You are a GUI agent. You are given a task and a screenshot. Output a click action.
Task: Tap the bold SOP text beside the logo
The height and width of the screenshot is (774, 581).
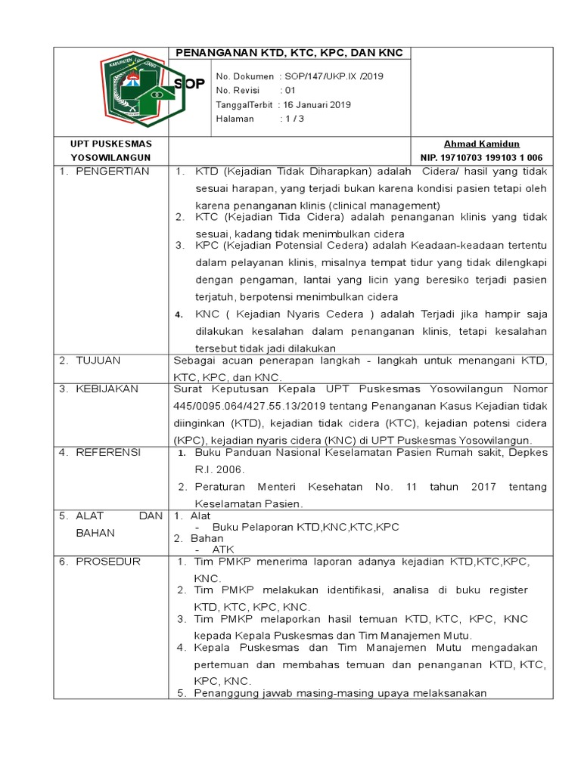coord(189,84)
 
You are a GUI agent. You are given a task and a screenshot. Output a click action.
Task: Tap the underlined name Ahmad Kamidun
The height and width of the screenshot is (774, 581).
coord(481,144)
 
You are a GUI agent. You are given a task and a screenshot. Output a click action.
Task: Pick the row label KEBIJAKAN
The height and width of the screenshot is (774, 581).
coord(107,389)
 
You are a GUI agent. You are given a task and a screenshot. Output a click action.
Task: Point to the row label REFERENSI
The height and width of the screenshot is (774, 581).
coord(108,452)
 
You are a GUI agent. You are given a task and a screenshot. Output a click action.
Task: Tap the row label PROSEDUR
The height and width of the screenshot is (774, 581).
coord(107,562)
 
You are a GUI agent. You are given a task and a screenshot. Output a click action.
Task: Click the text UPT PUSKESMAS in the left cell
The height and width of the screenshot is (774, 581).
coord(111,144)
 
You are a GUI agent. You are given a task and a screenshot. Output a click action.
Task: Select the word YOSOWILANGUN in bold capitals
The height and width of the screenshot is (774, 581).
coord(110,157)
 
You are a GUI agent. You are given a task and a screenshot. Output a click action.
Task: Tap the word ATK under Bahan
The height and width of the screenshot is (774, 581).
coord(223,550)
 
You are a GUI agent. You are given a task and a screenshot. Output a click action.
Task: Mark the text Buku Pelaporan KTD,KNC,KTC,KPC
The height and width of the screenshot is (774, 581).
coord(306,527)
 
